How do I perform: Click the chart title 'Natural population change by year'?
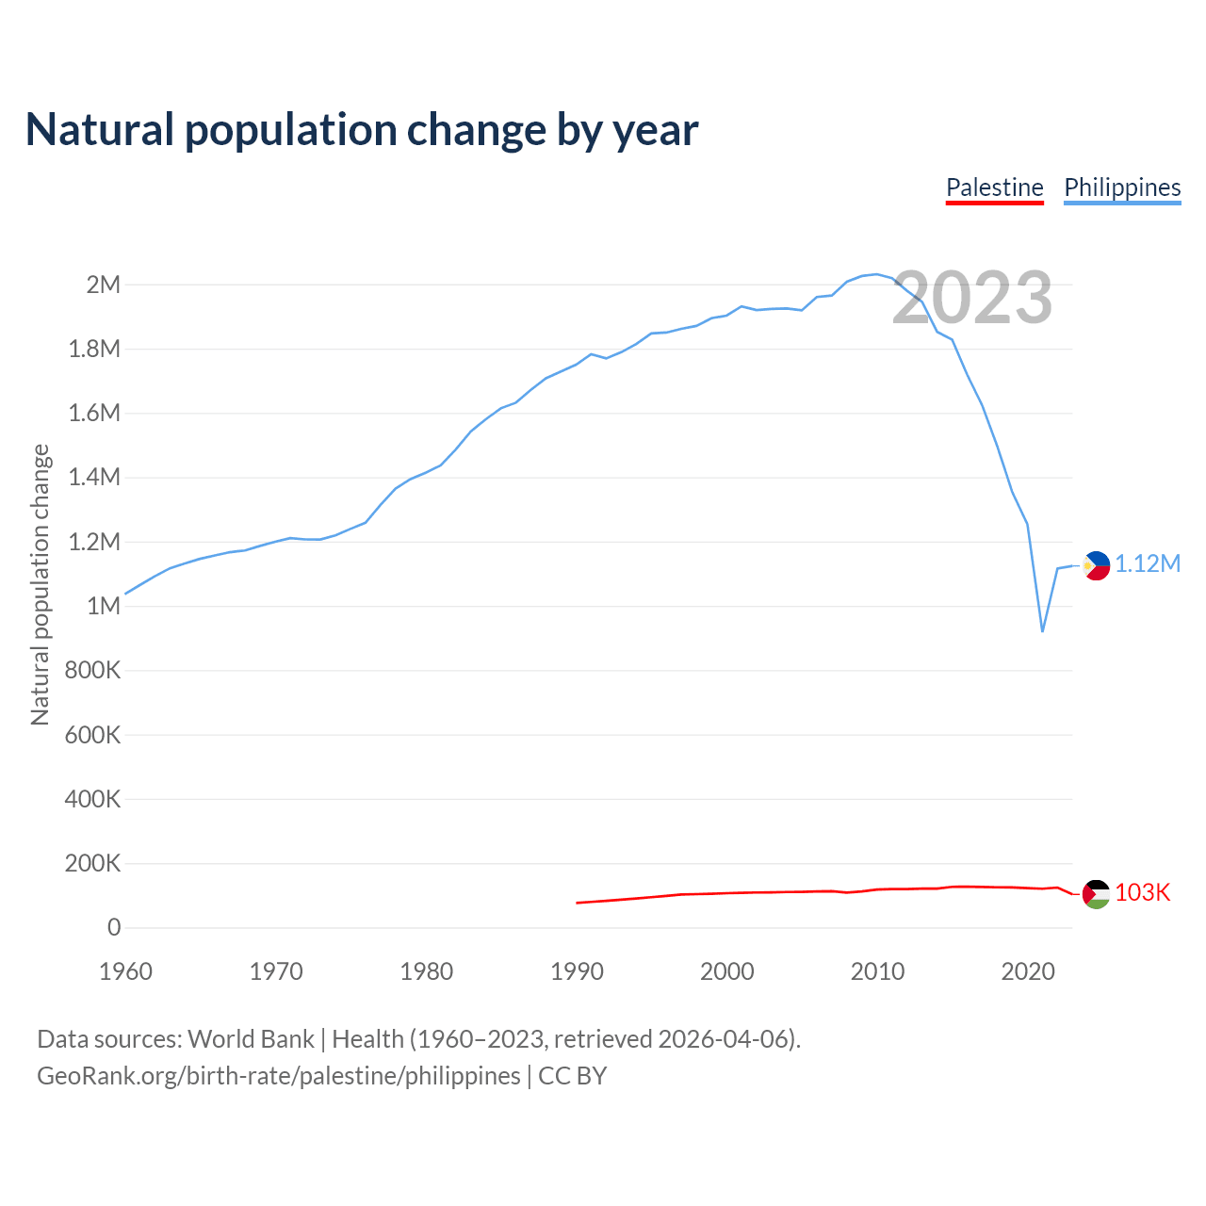point(362,130)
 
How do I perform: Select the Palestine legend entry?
point(994,187)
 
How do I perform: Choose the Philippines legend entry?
point(1122,187)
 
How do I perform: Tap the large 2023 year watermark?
point(971,298)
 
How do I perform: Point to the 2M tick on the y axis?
point(103,285)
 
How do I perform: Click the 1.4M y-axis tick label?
point(94,477)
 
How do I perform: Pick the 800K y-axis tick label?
point(92,671)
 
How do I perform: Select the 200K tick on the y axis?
point(92,863)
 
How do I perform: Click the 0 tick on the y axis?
point(114,927)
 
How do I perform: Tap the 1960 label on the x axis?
point(125,971)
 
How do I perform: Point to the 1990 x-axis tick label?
point(577,971)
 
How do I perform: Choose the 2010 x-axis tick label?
point(877,971)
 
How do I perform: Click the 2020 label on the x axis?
point(1028,971)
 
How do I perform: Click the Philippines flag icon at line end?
point(1096,565)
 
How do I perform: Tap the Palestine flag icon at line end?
point(1096,893)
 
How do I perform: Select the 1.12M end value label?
point(1148,564)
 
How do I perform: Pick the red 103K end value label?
point(1143,893)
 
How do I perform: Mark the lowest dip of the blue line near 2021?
point(1042,630)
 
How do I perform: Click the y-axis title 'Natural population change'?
point(40,584)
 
